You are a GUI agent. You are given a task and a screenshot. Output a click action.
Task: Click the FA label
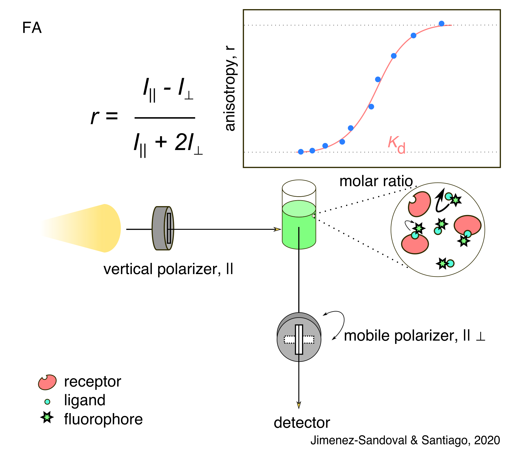[32, 28]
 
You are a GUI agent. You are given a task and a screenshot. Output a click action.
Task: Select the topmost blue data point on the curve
[441, 23]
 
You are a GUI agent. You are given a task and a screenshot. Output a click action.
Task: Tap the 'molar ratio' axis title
[376, 181]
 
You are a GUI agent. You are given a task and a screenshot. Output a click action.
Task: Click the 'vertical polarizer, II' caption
[168, 269]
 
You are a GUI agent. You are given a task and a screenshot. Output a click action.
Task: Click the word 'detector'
[302, 423]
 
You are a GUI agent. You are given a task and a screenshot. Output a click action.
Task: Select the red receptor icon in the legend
[47, 382]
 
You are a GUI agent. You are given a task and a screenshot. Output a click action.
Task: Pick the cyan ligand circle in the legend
[47, 402]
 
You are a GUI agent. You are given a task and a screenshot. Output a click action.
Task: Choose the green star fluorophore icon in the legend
[47, 417]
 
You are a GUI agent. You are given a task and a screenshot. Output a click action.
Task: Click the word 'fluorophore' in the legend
[103, 419]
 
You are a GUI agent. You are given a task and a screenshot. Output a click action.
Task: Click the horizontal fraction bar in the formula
[165, 117]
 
